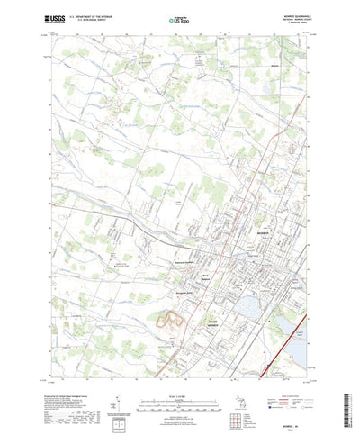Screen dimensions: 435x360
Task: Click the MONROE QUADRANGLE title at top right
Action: [x=293, y=16]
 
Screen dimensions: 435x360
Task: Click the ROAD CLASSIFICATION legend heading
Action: [x=286, y=385]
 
